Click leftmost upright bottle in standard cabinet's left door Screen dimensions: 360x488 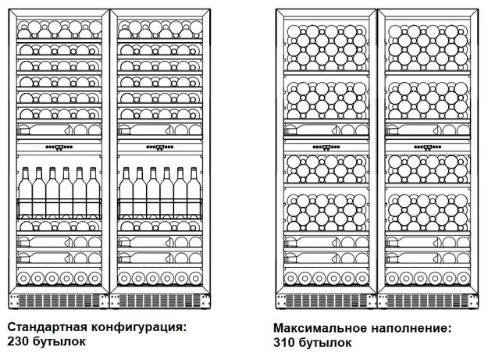24,188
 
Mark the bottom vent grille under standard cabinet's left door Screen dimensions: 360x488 59,301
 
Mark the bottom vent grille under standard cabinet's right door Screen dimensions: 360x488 160,301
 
